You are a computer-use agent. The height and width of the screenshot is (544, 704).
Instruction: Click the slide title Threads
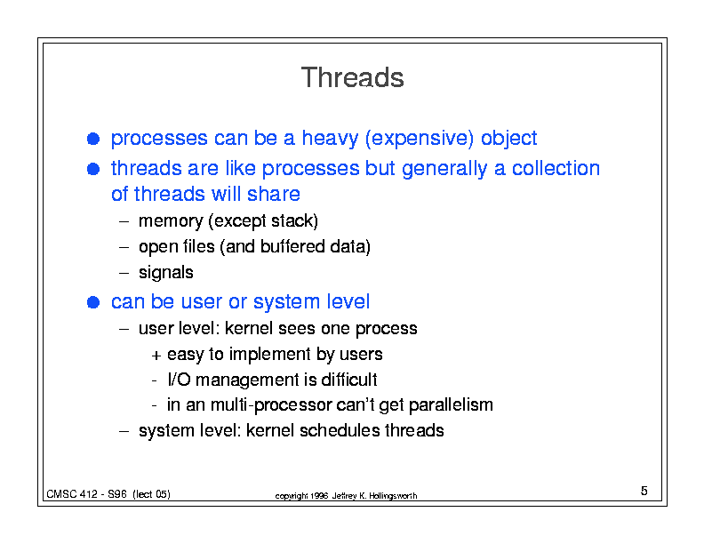tap(353, 77)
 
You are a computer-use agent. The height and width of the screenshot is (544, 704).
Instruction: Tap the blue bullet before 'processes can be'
tap(93, 139)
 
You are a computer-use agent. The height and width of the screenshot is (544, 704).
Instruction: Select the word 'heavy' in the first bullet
tap(330, 139)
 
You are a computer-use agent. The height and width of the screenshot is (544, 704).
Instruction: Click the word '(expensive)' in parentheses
tap(420, 139)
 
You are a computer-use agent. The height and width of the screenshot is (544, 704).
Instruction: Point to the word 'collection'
tap(556, 168)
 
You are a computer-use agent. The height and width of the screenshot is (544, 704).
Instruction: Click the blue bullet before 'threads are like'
tap(93, 169)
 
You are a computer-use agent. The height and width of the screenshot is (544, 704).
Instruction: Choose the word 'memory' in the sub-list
tap(171, 221)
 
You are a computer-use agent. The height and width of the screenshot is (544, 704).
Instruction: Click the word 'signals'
tap(165, 273)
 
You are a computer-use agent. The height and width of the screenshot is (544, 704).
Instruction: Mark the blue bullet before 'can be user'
tap(93, 302)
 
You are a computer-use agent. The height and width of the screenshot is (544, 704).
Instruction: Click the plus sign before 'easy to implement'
tap(156, 356)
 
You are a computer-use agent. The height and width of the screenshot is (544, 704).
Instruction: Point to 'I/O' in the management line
tap(180, 380)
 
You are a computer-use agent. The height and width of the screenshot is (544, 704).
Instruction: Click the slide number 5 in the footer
tap(644, 491)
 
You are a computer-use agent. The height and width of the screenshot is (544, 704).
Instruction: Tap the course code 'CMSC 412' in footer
tap(71, 494)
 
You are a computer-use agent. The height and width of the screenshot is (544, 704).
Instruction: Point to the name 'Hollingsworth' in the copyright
tap(393, 496)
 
